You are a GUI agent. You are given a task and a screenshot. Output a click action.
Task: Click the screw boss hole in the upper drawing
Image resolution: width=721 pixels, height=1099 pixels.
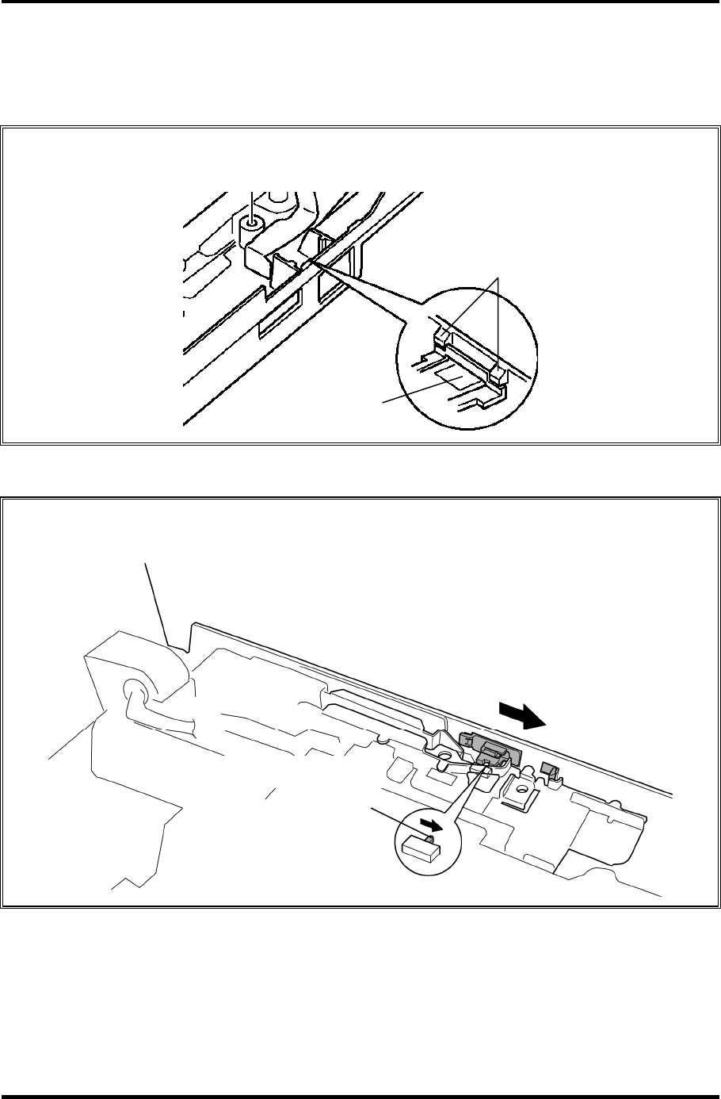252,224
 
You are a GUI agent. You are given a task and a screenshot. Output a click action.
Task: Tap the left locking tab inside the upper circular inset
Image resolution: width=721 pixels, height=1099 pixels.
441,335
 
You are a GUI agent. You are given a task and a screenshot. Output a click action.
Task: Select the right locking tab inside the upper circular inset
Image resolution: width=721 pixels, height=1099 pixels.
497,370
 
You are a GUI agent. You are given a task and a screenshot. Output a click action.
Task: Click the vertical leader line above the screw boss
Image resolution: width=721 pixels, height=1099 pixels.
252,204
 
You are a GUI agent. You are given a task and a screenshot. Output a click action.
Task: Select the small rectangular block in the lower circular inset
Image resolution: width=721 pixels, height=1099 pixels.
420,849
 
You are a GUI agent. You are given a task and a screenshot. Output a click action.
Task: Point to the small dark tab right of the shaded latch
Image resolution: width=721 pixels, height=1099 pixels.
547,768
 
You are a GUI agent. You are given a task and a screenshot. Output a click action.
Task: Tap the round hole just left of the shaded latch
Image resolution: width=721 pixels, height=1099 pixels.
444,768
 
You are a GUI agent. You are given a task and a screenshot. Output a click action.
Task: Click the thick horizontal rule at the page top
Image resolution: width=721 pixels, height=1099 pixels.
360,2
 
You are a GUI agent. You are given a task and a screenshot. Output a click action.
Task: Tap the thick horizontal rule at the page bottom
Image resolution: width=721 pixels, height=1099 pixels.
360,1096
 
